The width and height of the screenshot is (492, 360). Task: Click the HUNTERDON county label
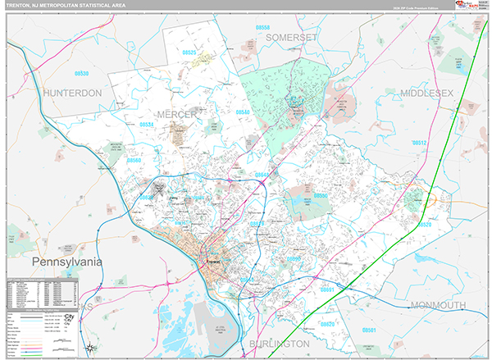coord(73,93)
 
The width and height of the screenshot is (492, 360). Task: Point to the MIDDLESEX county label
coord(426,94)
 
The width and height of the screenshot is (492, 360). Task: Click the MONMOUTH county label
coord(438,304)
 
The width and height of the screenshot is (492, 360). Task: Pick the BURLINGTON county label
coord(280,343)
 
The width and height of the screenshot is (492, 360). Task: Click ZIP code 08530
coord(81,73)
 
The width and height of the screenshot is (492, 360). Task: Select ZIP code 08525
coord(189,52)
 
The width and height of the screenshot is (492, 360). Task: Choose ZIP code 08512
coord(420,143)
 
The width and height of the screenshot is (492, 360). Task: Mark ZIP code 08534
coord(147,125)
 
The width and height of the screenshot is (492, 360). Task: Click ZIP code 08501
coord(371,330)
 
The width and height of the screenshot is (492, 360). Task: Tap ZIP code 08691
coord(327,289)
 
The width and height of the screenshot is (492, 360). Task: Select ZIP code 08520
coord(424,224)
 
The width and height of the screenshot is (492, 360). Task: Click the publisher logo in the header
coord(459,6)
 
